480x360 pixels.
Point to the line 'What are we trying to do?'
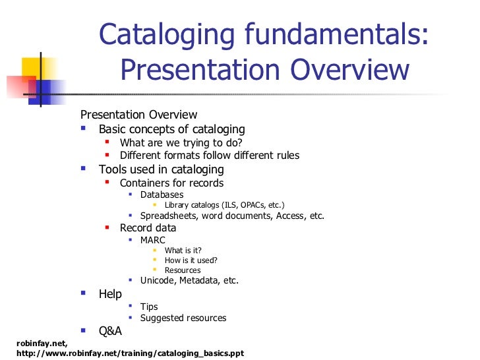pos(181,142)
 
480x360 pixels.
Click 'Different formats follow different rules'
pos(210,156)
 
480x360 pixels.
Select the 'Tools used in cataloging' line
pos(162,169)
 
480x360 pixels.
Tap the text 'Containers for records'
pos(171,183)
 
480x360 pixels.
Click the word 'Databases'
pos(162,195)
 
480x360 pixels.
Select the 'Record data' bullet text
pos(148,227)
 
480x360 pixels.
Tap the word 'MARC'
pos(153,240)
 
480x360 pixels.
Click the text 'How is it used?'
pos(191,260)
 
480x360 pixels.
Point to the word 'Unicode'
pos(158,280)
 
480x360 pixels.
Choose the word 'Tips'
pos(149,307)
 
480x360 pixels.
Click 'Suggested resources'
pos(183,318)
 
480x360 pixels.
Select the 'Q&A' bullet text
pos(110,331)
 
